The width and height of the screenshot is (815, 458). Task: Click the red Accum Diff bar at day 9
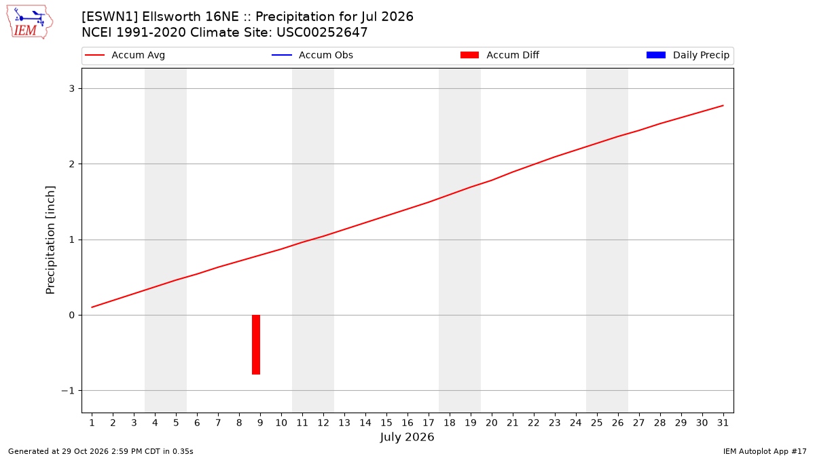[256, 345]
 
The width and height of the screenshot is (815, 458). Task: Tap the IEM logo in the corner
[30, 22]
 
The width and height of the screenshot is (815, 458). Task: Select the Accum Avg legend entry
[125, 55]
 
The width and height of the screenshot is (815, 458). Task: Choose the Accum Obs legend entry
[312, 55]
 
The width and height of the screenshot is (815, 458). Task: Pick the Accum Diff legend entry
[500, 55]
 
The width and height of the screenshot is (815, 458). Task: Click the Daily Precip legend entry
[687, 55]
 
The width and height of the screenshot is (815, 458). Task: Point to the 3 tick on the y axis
[72, 89]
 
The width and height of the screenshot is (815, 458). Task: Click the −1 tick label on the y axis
[68, 391]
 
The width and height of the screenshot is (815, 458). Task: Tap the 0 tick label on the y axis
[72, 315]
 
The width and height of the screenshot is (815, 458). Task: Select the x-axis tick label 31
[723, 423]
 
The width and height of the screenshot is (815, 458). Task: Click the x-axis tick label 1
[92, 423]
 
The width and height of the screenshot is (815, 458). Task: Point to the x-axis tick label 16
[407, 423]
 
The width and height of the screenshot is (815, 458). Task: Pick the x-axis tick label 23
[554, 423]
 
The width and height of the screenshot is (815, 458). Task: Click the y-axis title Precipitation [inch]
[50, 240]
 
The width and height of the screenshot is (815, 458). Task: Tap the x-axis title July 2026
[407, 437]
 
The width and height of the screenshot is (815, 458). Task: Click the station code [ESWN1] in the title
[109, 17]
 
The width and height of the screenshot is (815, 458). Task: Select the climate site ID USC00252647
[322, 33]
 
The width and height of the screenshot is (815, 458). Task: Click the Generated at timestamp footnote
[101, 451]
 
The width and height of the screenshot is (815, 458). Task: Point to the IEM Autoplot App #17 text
[765, 451]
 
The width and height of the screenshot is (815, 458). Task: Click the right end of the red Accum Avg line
[723, 105]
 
